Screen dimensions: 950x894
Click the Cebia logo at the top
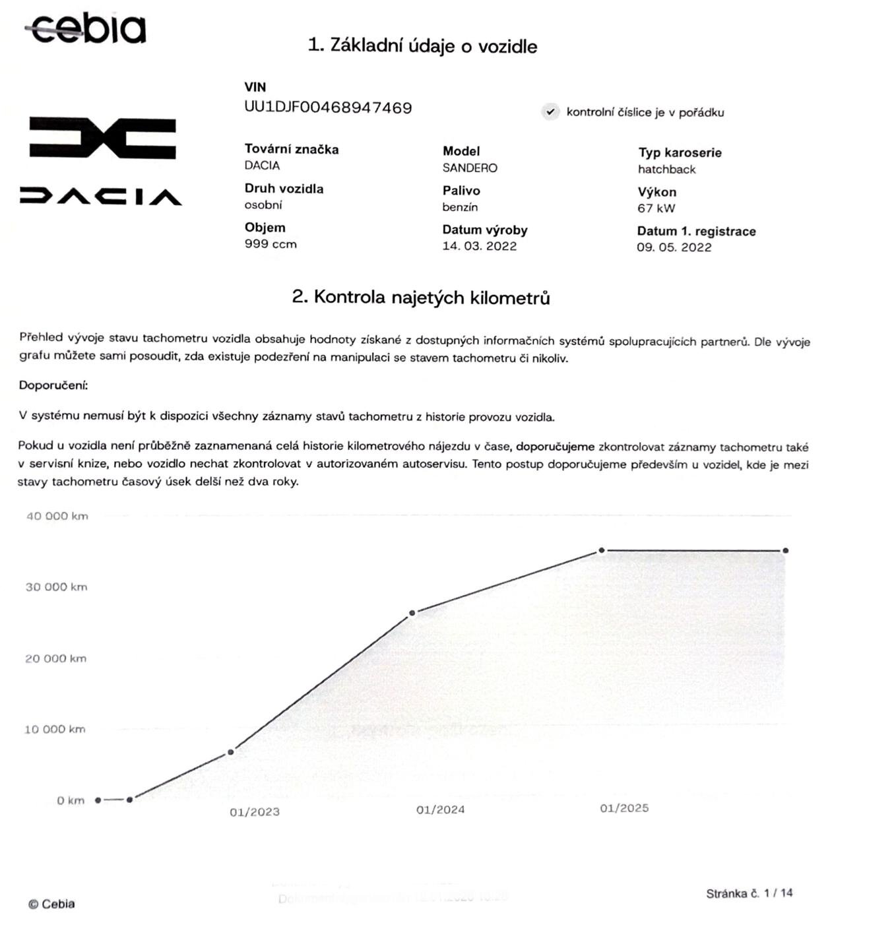pos(86,28)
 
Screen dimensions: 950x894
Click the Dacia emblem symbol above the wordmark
pos(102,138)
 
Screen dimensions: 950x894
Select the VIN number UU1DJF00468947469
pos(328,108)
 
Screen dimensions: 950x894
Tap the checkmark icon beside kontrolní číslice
pos(550,112)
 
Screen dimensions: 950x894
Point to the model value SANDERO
pos(470,168)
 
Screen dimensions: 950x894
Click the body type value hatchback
pos(666,170)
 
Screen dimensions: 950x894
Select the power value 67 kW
pos(656,208)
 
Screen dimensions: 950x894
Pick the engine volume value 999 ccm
pos(271,244)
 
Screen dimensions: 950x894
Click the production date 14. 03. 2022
pos(479,246)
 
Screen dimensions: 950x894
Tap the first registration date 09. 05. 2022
pos(674,247)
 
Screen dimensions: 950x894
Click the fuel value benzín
pos(460,207)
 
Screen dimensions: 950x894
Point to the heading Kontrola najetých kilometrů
pos(421,298)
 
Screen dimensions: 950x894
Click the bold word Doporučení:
pos(53,385)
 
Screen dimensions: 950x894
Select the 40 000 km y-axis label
pos(57,516)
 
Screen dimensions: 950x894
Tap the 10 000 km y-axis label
pos(55,729)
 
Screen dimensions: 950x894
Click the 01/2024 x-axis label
pos(440,809)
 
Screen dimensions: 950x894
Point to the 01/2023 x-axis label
pos(255,812)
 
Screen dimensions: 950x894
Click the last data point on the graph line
pos(785,550)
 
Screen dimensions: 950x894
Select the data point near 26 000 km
pos(412,613)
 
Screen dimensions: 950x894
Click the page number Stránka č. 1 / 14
pos(749,893)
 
